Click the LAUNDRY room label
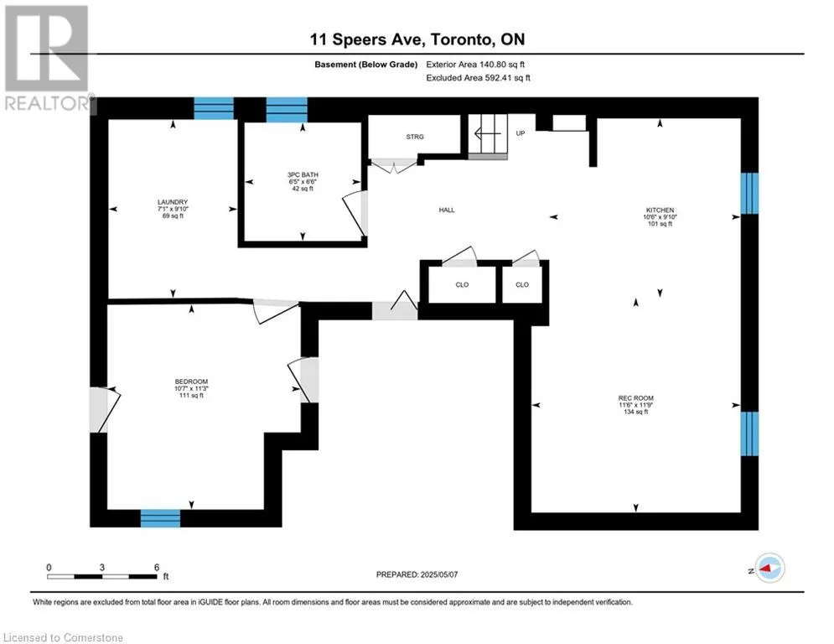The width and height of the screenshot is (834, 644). coord(173,202)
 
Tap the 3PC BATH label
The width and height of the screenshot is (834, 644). coord(303,174)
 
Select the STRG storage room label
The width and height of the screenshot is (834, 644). coord(415,137)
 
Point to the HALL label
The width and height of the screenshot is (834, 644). coord(447,210)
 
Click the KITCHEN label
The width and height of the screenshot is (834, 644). coord(660,210)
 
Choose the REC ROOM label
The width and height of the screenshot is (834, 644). coord(635,398)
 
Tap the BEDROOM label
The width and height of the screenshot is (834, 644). coord(191,382)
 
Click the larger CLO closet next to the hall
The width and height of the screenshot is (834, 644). coord(462,285)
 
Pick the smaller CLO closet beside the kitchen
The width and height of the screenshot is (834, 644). coord(522,285)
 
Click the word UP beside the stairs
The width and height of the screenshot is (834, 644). coord(521,133)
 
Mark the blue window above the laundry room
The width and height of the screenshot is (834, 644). coord(213,108)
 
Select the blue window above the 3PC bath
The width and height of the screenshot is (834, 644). coord(287,110)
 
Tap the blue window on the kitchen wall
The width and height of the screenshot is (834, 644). coord(749,193)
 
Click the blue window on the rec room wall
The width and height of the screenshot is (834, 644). coord(749,434)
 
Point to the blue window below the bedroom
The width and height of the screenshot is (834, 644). coord(160,518)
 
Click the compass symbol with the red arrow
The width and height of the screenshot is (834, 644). coord(769,568)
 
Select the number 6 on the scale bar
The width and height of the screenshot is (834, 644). coord(157,568)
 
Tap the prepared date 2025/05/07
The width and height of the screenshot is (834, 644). coord(439,574)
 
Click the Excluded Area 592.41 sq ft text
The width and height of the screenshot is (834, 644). coord(478,78)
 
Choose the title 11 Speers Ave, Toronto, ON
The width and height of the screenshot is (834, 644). coord(417,39)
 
